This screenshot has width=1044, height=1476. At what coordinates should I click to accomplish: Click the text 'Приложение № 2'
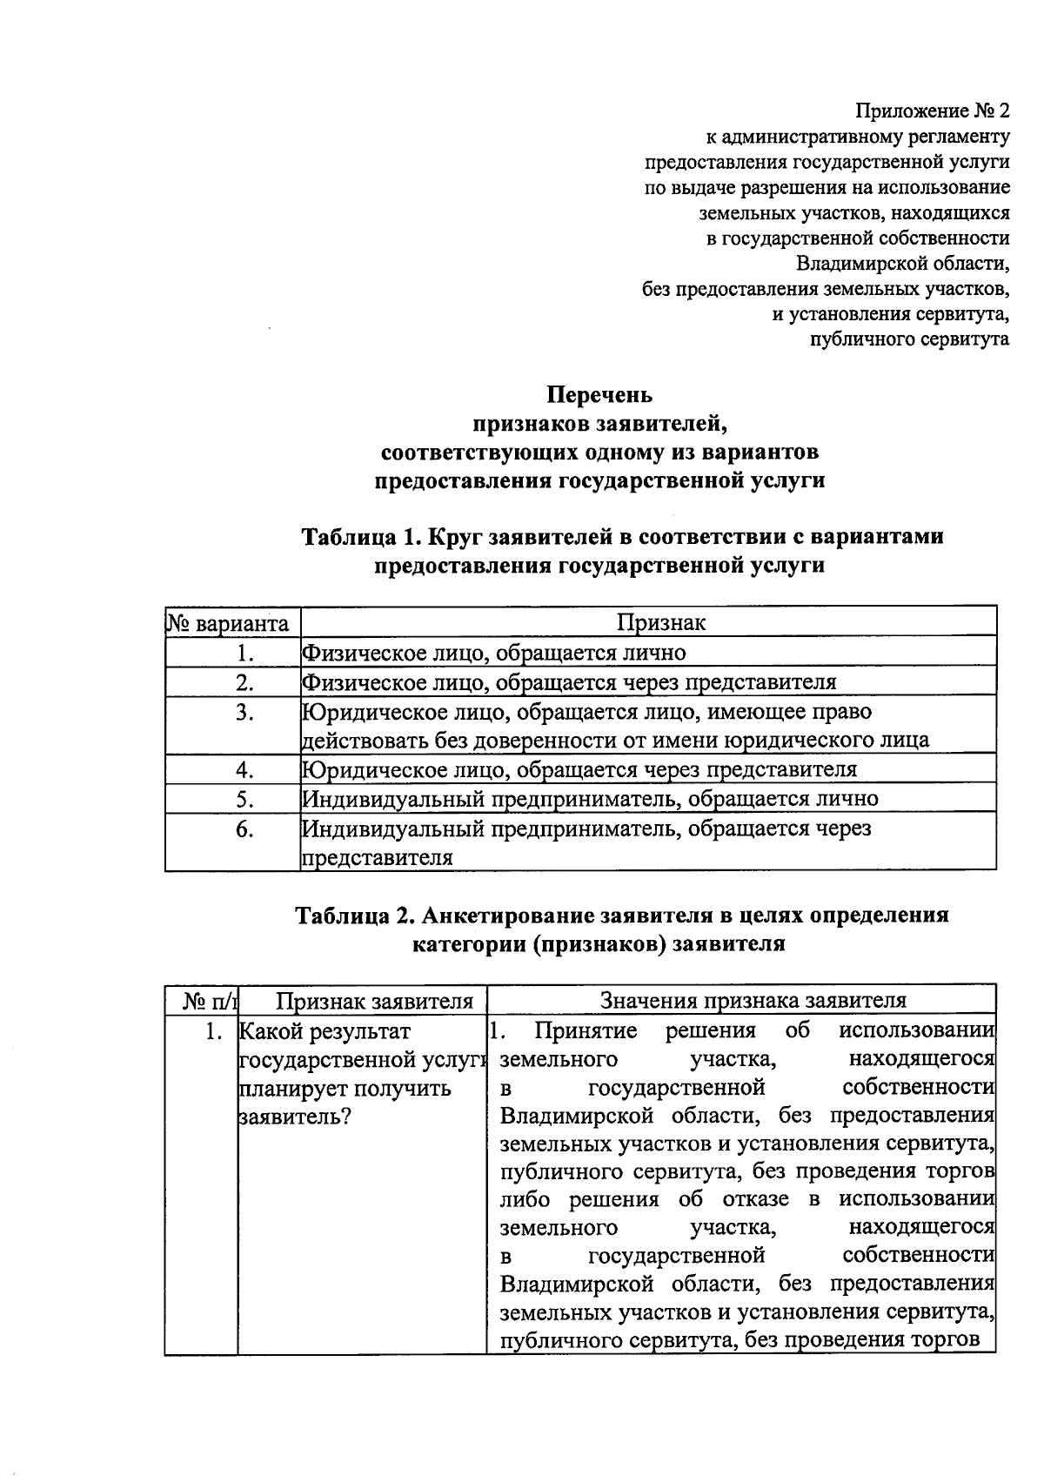coord(932,111)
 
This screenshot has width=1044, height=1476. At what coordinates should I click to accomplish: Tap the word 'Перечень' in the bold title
coord(599,396)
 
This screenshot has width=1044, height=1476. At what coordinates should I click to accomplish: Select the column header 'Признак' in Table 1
coord(661,622)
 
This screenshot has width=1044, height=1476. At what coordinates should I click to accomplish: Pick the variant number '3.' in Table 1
coord(244,713)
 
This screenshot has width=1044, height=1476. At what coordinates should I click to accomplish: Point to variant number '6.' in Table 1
coord(244,829)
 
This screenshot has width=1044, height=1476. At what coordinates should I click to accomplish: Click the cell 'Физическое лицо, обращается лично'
coord(493,653)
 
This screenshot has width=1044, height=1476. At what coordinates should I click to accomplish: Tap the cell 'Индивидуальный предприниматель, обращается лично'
coord(590,799)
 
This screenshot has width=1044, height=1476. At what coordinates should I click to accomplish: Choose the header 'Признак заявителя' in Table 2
coord(374,1001)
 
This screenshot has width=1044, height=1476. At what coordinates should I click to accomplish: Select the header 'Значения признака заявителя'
coord(753,1001)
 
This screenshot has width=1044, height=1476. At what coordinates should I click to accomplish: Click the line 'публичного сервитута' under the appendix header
coord(909,339)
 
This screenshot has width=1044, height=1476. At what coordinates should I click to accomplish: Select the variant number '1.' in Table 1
coord(244,654)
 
